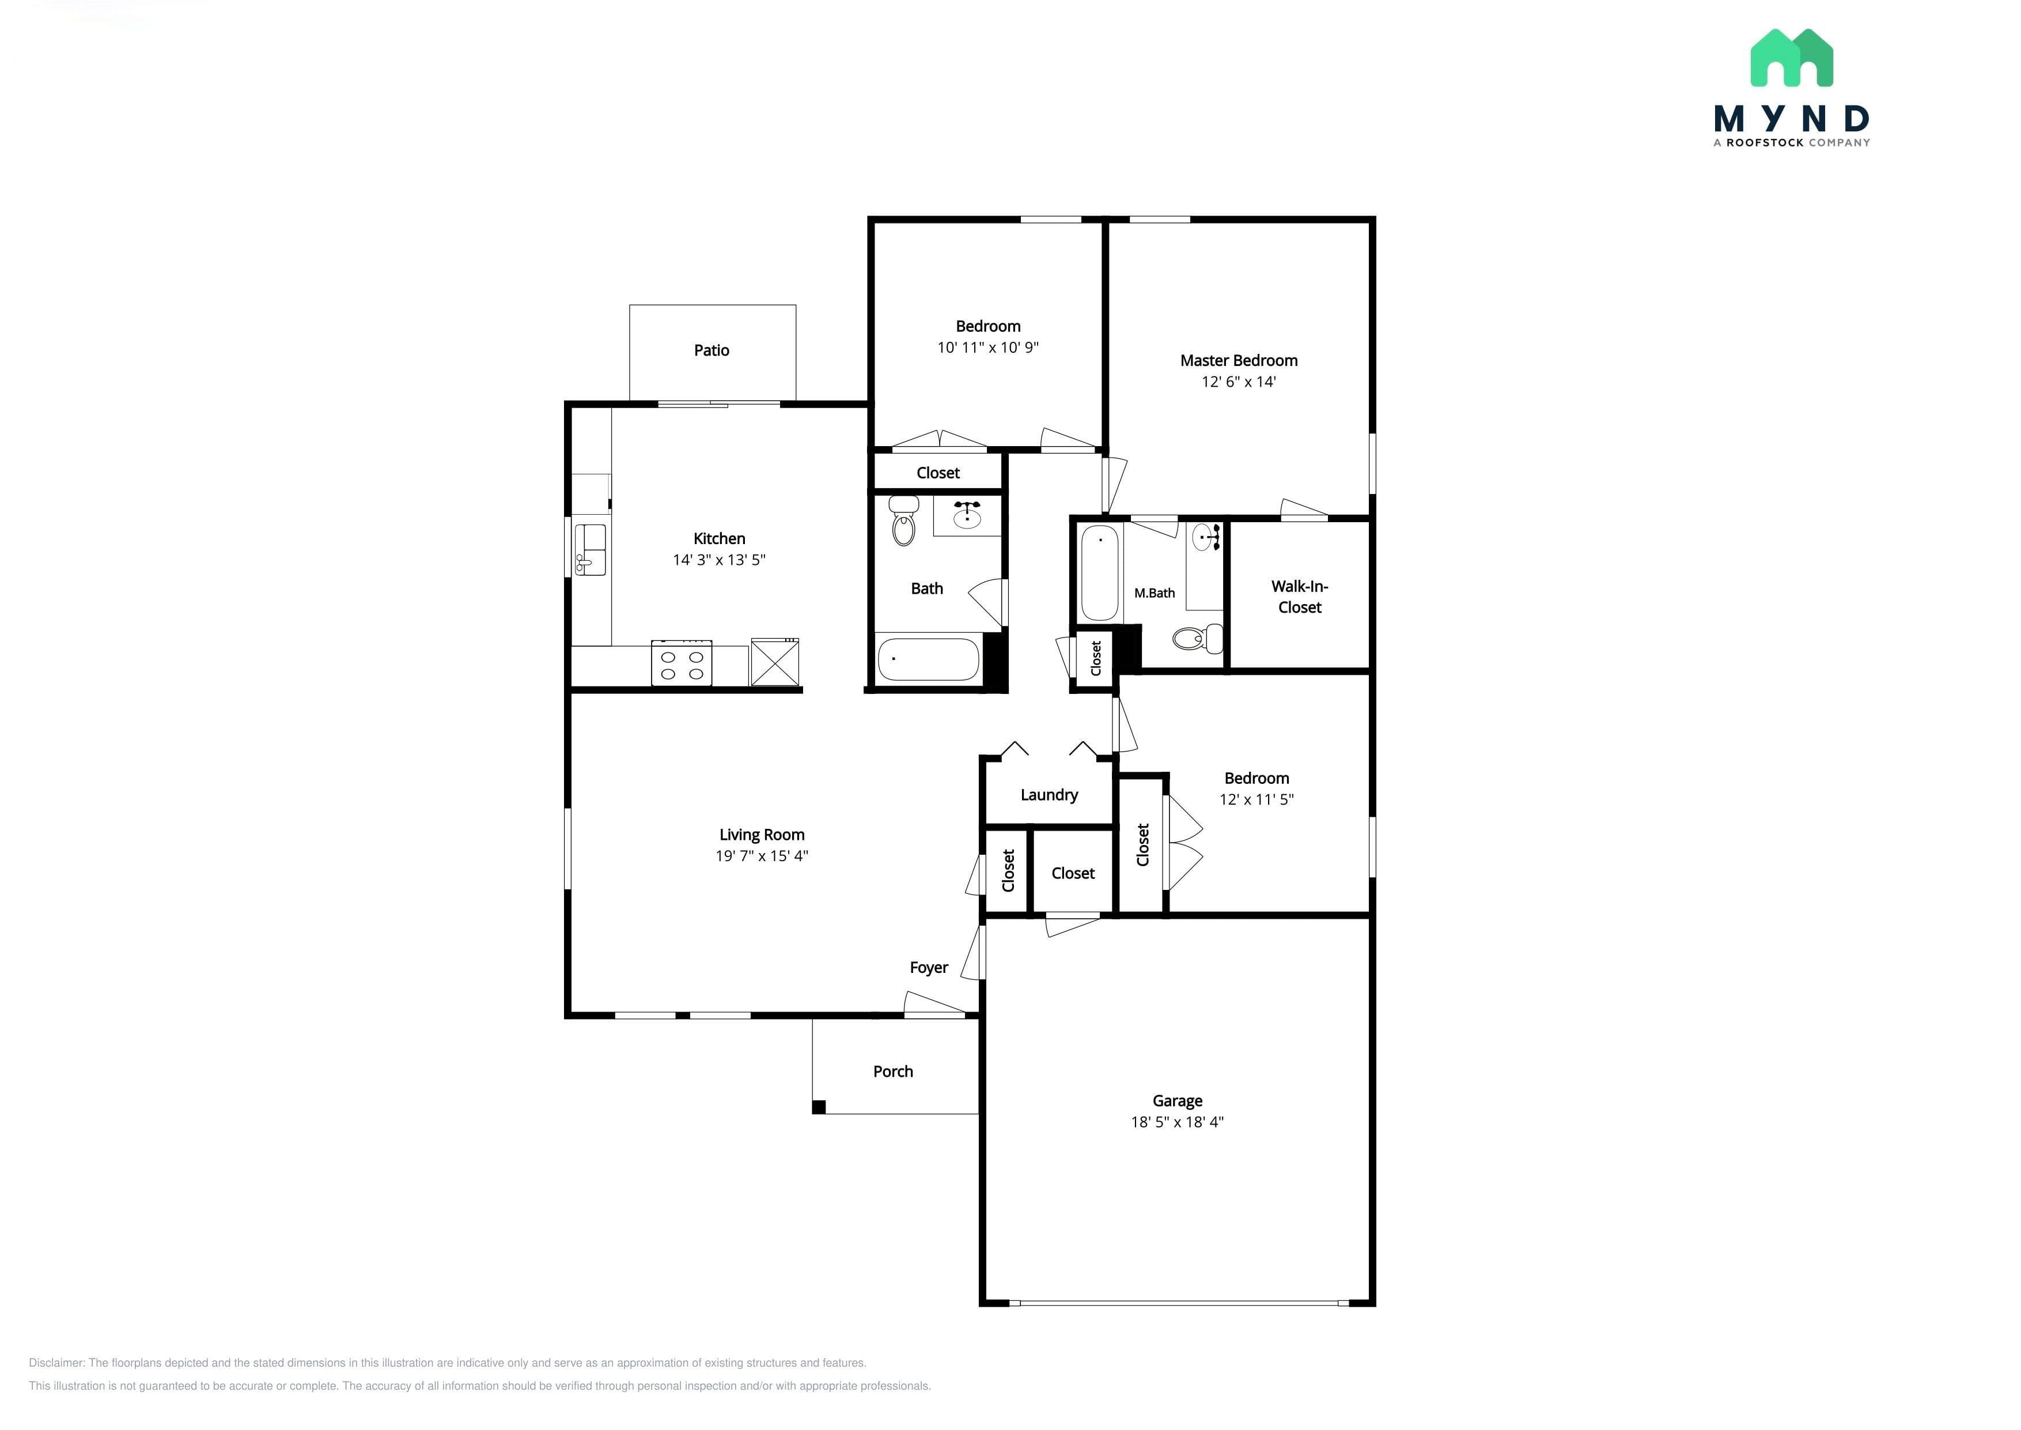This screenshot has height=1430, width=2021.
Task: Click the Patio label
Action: (711, 350)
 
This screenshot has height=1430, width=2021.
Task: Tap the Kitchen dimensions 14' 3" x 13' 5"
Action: (719, 560)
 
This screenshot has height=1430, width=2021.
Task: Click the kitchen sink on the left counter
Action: (591, 549)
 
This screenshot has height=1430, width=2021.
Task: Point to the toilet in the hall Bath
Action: (904, 520)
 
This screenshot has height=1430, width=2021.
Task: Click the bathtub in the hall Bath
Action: (929, 659)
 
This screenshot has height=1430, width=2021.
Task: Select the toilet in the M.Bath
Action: (1198, 639)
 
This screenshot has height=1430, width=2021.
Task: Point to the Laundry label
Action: (1049, 795)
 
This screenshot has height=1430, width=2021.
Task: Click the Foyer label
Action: (929, 968)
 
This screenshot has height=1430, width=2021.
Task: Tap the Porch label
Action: (892, 1071)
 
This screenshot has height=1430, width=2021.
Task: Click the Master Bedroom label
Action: (1239, 361)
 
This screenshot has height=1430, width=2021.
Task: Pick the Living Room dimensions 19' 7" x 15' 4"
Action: (762, 856)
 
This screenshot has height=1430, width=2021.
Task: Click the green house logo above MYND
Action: (1791, 58)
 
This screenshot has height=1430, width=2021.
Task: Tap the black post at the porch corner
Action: (819, 1108)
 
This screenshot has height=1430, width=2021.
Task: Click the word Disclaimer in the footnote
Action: (56, 1363)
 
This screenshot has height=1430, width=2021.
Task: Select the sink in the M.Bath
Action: (1204, 537)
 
